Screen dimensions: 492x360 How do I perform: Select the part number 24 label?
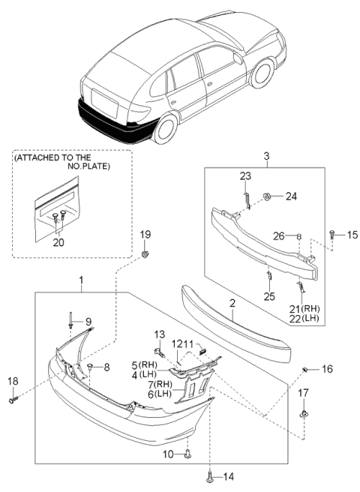[x=290, y=197]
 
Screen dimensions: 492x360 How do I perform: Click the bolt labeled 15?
[x=332, y=235]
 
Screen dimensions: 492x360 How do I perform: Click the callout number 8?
[x=106, y=367]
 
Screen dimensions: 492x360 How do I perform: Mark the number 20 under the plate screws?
[x=58, y=242]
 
